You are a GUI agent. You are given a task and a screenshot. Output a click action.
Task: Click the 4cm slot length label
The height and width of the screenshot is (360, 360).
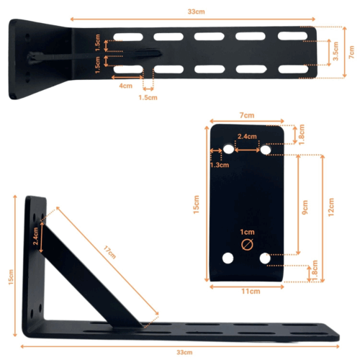(126, 85)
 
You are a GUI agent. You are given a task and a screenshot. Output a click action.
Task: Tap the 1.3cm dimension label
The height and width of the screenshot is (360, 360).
(220, 165)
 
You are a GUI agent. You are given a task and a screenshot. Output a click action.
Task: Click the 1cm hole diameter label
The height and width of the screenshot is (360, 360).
(248, 233)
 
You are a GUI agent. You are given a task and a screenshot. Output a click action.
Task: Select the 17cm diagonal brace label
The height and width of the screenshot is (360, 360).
(109, 251)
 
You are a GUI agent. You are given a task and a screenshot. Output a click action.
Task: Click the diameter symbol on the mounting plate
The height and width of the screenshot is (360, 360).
(247, 245)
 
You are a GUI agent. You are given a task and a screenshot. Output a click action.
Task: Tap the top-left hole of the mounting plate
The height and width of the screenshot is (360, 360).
(229, 149)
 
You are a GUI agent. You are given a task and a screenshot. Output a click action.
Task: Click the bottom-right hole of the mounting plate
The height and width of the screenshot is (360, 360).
(266, 257)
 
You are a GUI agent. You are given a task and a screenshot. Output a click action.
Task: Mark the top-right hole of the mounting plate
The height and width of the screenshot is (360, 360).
(266, 149)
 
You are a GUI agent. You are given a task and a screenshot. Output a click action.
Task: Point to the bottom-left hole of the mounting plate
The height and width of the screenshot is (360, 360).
(229, 257)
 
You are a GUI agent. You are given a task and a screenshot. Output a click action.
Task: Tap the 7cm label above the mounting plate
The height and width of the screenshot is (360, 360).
(247, 115)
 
